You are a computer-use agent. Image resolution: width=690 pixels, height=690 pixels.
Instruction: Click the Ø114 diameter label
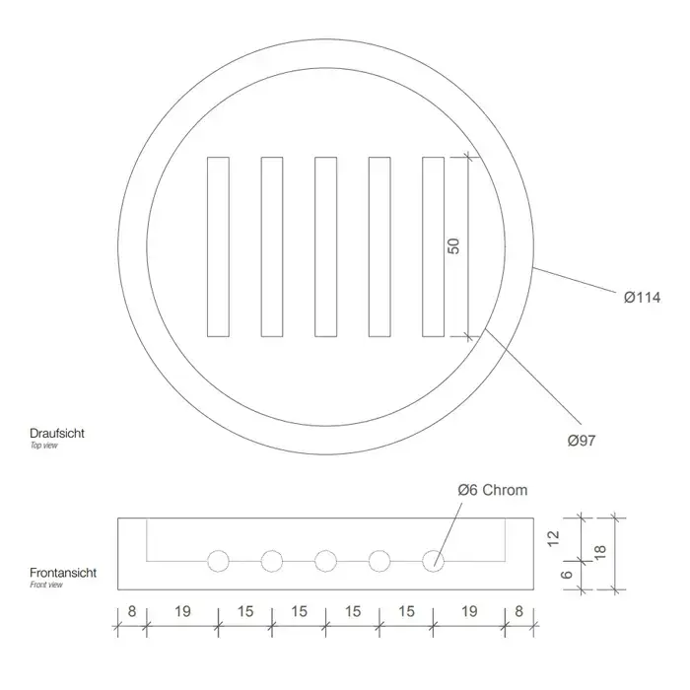tap(642, 298)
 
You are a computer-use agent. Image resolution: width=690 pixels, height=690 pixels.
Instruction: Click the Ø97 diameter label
tap(582, 441)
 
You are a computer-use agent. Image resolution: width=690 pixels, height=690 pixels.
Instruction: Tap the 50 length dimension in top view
tap(453, 246)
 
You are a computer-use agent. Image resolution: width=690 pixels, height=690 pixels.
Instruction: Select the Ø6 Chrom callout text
tap(493, 490)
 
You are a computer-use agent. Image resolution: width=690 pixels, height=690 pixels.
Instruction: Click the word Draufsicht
tap(57, 433)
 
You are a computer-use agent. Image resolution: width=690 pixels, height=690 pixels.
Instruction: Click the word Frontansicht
tap(63, 573)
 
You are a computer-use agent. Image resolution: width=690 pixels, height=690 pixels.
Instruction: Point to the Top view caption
tap(44, 446)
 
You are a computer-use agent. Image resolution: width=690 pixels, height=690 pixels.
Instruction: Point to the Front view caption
tap(46, 585)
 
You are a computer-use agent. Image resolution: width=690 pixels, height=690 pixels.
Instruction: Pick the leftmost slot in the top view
tap(218, 246)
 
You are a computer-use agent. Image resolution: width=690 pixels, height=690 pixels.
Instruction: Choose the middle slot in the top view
tap(325, 246)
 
